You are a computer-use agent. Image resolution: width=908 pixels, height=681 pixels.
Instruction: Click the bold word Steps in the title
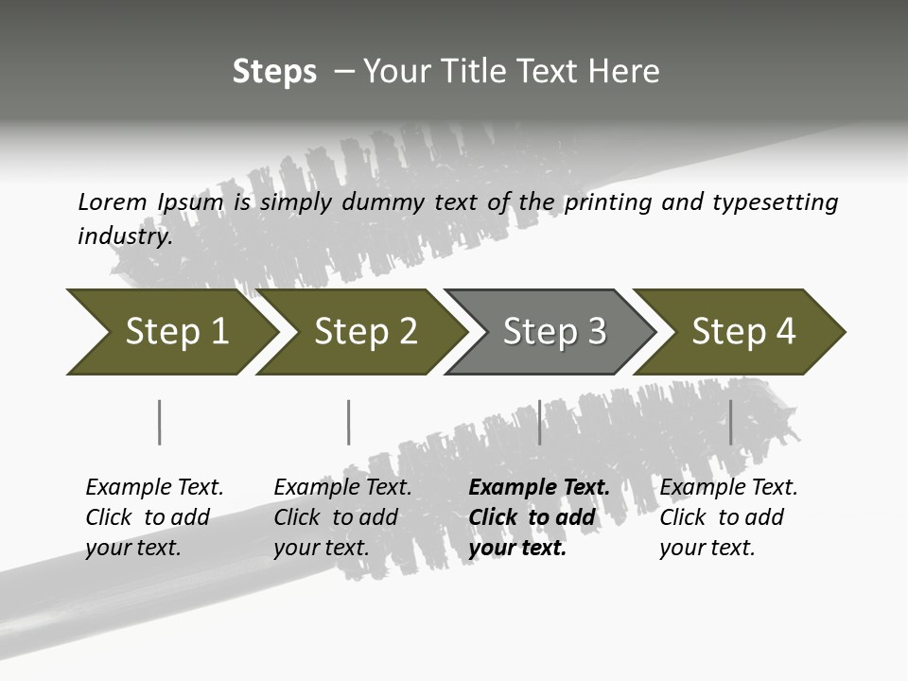274,72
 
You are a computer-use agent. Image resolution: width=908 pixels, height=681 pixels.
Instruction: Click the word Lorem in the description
113,202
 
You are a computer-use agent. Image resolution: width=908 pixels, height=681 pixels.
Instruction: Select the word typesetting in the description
775,202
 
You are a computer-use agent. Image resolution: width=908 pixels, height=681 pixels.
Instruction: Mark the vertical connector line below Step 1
160,422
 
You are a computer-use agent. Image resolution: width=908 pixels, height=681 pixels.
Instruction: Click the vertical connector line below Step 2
349,422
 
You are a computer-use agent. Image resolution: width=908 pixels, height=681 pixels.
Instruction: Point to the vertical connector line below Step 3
539,422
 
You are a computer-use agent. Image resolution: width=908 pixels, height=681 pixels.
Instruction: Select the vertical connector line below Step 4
730,422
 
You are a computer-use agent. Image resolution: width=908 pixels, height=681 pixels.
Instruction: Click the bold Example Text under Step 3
539,488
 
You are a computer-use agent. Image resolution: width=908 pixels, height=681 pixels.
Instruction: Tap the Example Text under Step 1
154,488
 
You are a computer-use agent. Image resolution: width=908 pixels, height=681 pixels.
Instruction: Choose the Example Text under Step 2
342,488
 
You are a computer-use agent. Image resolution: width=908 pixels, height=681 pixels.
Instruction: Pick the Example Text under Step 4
728,488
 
